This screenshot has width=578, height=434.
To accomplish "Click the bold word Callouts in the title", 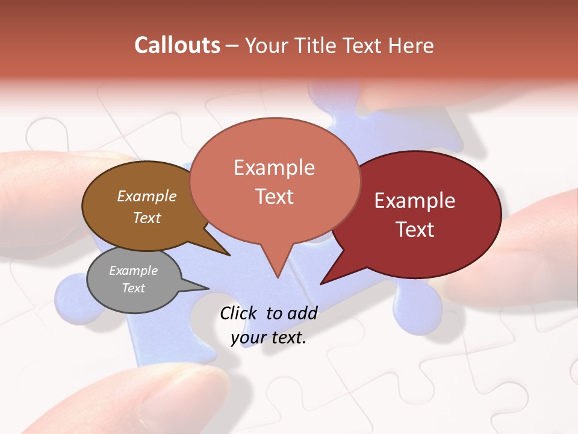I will click(177, 45).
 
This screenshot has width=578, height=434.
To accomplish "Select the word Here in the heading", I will click(411, 45).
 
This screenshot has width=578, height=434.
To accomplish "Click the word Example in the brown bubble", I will click(147, 196).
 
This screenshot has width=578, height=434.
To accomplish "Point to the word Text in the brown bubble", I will click(147, 218).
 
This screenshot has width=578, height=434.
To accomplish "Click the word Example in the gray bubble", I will click(133, 271).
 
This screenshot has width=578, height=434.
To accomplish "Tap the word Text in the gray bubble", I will click(133, 288).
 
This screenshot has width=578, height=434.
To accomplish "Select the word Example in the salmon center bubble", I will click(274, 168).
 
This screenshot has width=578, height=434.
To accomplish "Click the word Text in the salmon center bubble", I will click(274, 197).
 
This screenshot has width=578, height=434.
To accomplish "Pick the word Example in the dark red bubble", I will click(415, 201).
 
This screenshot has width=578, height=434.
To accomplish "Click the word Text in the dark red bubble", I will click(415, 229).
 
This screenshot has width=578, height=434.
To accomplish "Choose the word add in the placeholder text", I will click(302, 313).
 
